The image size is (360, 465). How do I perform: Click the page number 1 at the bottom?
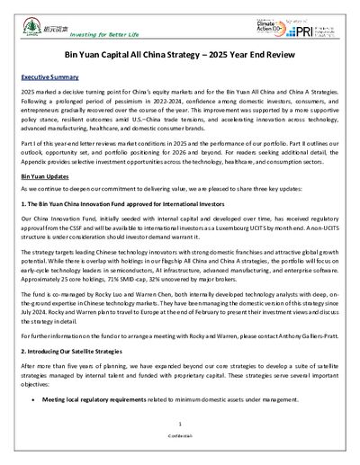[x=180, y=446]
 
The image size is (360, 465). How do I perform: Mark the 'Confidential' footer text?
[x=180, y=459]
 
